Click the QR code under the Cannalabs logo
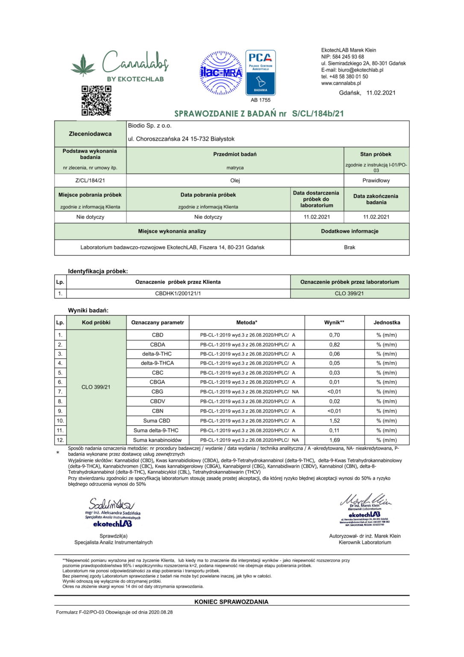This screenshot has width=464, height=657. click(96, 101)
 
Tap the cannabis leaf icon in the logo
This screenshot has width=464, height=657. click(83, 65)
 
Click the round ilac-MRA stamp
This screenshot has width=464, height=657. click(221, 73)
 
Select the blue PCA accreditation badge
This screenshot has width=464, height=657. click(260, 73)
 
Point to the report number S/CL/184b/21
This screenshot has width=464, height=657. click(318, 114)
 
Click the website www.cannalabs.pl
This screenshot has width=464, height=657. click(341, 83)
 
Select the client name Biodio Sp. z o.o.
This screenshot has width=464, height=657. click(150, 126)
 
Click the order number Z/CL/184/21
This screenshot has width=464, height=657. click(90, 181)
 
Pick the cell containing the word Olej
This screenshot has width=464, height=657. click(235, 181)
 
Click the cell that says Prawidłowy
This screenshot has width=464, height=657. click(376, 181)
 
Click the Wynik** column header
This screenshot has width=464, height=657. click(334, 323)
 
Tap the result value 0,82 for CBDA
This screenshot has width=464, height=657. click(335, 345)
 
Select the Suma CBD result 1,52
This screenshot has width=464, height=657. click(335, 421)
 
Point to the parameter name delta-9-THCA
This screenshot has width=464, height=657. click(157, 363)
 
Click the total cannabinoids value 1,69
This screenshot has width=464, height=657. click(335, 440)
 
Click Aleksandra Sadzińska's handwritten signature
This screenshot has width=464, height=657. click(111, 503)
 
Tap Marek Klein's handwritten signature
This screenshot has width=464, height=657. click(365, 500)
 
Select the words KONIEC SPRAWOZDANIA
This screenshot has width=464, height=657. click(231, 602)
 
